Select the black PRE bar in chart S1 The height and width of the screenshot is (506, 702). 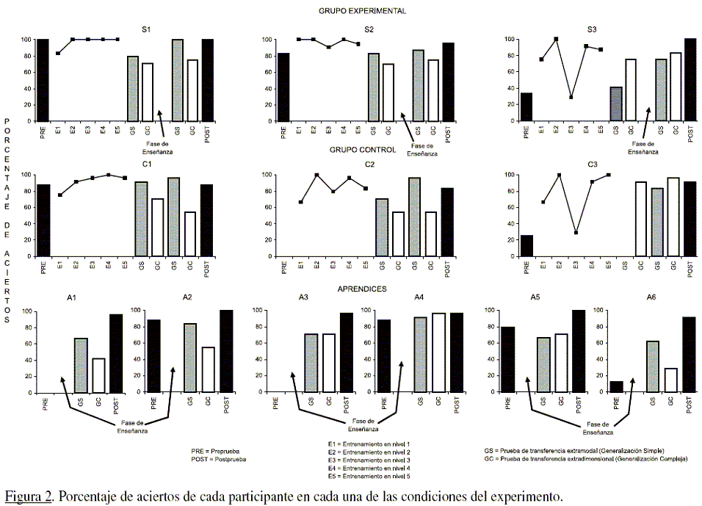tap(43, 80)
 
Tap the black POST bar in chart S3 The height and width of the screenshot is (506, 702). tap(690, 80)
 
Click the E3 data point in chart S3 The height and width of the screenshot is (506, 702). tap(571, 97)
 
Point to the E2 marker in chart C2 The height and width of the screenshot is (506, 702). tap(316, 176)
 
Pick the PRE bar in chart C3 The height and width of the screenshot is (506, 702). tap(526, 246)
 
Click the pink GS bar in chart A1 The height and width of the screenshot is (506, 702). tap(81, 365)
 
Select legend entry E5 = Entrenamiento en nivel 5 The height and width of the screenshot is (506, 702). tap(368, 475)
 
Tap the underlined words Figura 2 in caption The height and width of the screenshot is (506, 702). tap(28, 496)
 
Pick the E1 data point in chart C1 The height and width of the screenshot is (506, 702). tap(60, 195)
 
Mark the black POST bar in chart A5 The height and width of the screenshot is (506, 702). tap(578, 351)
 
